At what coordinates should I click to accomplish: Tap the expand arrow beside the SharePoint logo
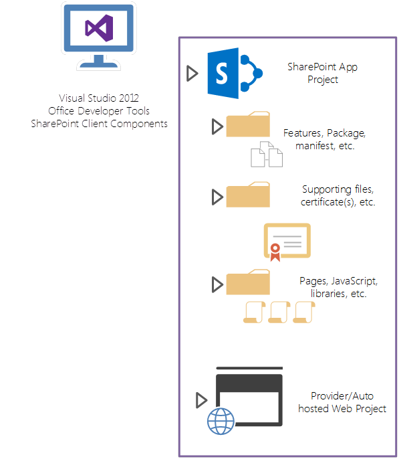[x=192, y=73]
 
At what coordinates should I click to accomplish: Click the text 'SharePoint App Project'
[x=313, y=73]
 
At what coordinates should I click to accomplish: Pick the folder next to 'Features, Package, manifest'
[x=248, y=125]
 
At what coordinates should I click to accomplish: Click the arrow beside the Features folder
[x=217, y=126]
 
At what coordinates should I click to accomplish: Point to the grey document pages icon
[x=266, y=154]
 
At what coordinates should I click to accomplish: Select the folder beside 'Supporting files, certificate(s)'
[x=248, y=195]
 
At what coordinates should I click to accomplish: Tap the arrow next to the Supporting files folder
[x=217, y=197]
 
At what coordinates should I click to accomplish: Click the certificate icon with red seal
[x=287, y=241]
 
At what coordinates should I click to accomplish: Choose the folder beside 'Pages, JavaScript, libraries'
[x=248, y=283]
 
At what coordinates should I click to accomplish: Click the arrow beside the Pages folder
[x=217, y=284]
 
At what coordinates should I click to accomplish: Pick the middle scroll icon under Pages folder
[x=278, y=312]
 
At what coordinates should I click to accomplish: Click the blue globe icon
[x=221, y=422]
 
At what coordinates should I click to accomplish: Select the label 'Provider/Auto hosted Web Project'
[x=342, y=402]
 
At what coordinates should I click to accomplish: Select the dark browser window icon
[x=249, y=399]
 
